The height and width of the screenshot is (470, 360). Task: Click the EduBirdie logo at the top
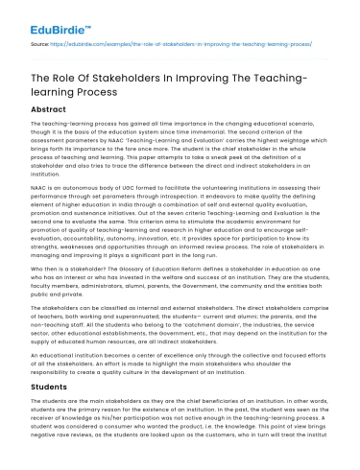click(39, 15)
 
